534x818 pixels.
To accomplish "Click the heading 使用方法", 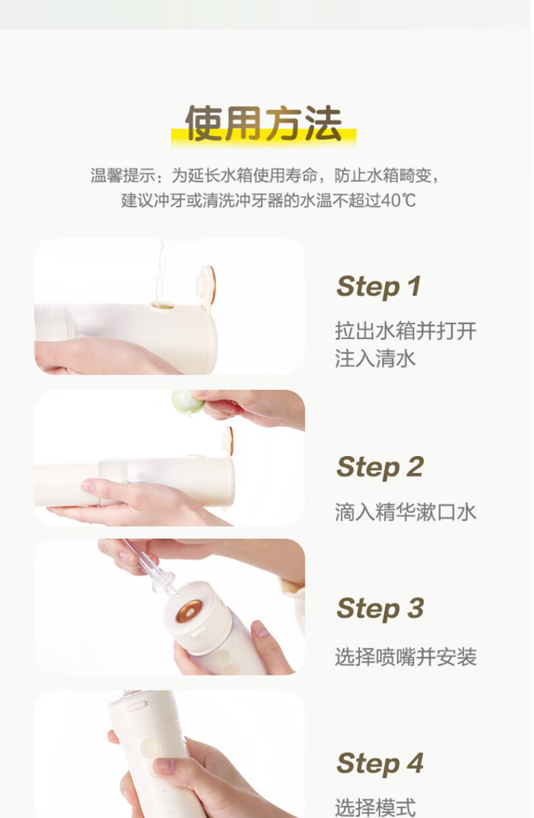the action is point(264,124).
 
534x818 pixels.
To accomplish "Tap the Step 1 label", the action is point(379,286).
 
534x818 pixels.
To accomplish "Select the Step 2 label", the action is point(380,467).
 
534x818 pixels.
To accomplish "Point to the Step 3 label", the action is point(380,609).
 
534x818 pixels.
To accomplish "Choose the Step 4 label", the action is point(380,763).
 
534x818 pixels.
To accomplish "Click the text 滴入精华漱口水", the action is point(406,512).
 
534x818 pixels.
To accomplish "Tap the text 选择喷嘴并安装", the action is point(406,657).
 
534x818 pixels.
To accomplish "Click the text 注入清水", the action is point(375,358).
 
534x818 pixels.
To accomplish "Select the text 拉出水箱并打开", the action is point(406,331).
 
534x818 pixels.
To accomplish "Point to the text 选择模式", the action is point(375,807).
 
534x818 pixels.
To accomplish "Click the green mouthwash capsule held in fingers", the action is point(188,402).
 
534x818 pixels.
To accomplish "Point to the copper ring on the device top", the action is point(189,611).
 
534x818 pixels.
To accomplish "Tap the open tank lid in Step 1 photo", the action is point(206,284).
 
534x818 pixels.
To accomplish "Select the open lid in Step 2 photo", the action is point(228,441).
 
